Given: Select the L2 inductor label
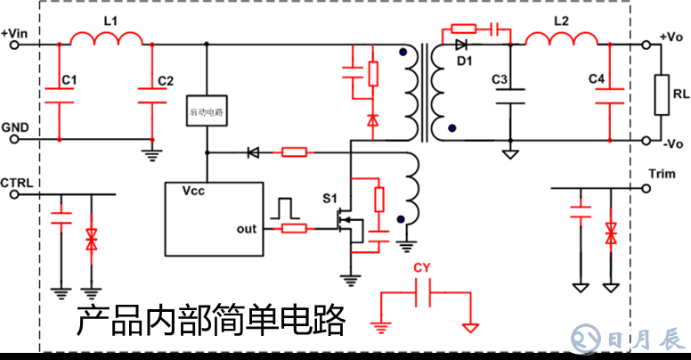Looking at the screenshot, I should [x=562, y=19].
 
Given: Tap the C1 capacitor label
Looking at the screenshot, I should [x=69, y=81].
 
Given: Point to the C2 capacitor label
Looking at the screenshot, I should [x=165, y=81].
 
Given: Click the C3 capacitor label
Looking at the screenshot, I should [x=500, y=81].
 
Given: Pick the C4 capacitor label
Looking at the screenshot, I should [x=597, y=81].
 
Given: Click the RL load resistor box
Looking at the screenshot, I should [x=661, y=94].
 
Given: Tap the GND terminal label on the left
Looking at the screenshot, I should [x=15, y=127].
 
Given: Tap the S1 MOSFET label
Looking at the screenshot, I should [x=330, y=197].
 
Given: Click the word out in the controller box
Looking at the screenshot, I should [x=247, y=229].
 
